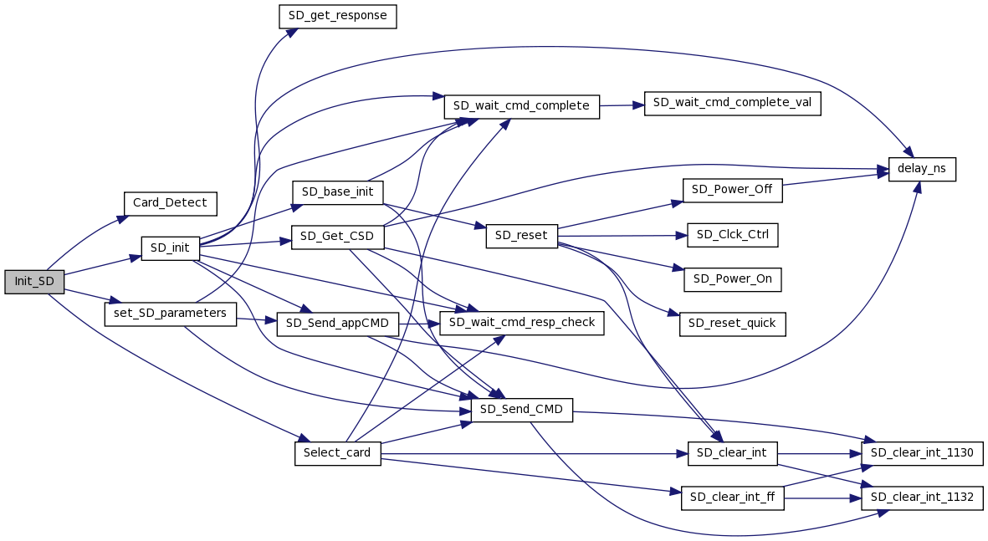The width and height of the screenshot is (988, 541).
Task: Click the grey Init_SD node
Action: [34, 282]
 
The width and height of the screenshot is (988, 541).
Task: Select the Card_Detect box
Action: [170, 203]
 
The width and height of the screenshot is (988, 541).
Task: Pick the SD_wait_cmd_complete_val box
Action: [732, 103]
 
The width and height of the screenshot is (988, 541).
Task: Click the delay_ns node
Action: [922, 169]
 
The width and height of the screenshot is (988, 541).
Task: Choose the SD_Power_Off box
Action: [733, 190]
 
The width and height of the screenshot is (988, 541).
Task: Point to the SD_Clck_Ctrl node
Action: [733, 235]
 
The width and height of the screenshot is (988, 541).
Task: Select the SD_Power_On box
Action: [733, 279]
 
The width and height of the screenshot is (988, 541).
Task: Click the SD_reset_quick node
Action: [733, 324]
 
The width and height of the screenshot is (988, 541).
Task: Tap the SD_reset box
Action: [521, 236]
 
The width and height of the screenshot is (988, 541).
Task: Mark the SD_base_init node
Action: [337, 191]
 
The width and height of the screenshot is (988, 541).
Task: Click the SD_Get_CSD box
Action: [337, 237]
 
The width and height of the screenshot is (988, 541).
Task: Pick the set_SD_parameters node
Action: [170, 314]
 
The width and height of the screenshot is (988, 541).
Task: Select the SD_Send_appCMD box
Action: [337, 324]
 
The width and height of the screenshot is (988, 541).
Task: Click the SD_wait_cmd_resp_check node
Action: [522, 323]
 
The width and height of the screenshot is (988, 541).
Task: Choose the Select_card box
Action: [337, 453]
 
